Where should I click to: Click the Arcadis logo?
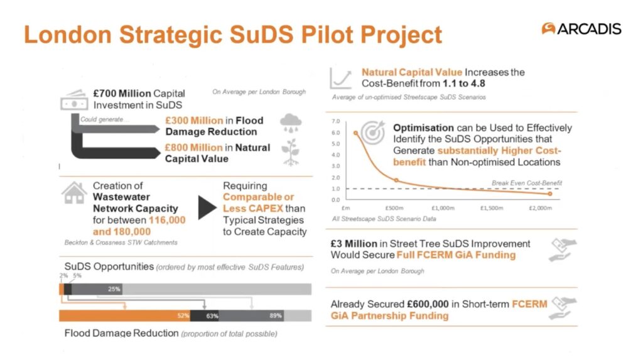click(581, 29)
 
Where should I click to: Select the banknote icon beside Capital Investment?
click(74, 100)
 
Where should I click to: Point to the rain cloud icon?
click(291, 123)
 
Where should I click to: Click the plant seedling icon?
click(290, 152)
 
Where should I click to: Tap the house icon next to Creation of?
click(74, 193)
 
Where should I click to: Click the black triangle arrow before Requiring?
click(207, 208)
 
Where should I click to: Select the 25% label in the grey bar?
click(114, 289)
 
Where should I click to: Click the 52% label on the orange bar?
click(183, 315)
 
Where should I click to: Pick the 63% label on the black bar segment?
click(212, 315)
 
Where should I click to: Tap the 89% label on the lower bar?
click(276, 315)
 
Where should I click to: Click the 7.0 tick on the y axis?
click(336, 121)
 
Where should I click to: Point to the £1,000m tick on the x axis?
click(443, 208)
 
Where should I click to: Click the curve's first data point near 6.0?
click(355, 133)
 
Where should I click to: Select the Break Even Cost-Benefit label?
click(527, 183)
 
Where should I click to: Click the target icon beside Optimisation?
click(372, 132)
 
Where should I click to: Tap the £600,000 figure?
click(428, 304)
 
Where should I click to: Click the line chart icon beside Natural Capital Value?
click(341, 78)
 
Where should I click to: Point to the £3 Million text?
click(354, 244)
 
